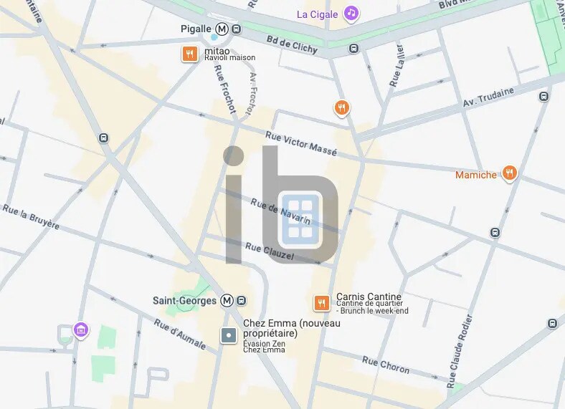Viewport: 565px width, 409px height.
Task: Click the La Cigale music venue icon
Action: [x=351, y=13]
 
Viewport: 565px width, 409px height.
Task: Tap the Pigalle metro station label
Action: [x=196, y=29]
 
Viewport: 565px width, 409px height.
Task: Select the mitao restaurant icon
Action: [x=189, y=54]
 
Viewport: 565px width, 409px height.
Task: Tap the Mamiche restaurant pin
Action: [x=509, y=173]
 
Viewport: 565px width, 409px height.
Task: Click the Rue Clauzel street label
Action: [x=270, y=251]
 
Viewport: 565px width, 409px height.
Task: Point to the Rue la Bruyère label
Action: [x=31, y=216]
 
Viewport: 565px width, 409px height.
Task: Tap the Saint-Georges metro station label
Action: [x=184, y=301]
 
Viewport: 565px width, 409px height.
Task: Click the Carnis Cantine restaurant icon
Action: [x=322, y=302]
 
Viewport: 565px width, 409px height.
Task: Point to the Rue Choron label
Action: [x=386, y=365]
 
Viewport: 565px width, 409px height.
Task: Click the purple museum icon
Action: [x=81, y=329]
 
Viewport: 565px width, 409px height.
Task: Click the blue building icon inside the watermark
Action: [x=300, y=218]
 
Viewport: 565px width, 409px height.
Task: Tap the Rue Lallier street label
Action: [x=397, y=67]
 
